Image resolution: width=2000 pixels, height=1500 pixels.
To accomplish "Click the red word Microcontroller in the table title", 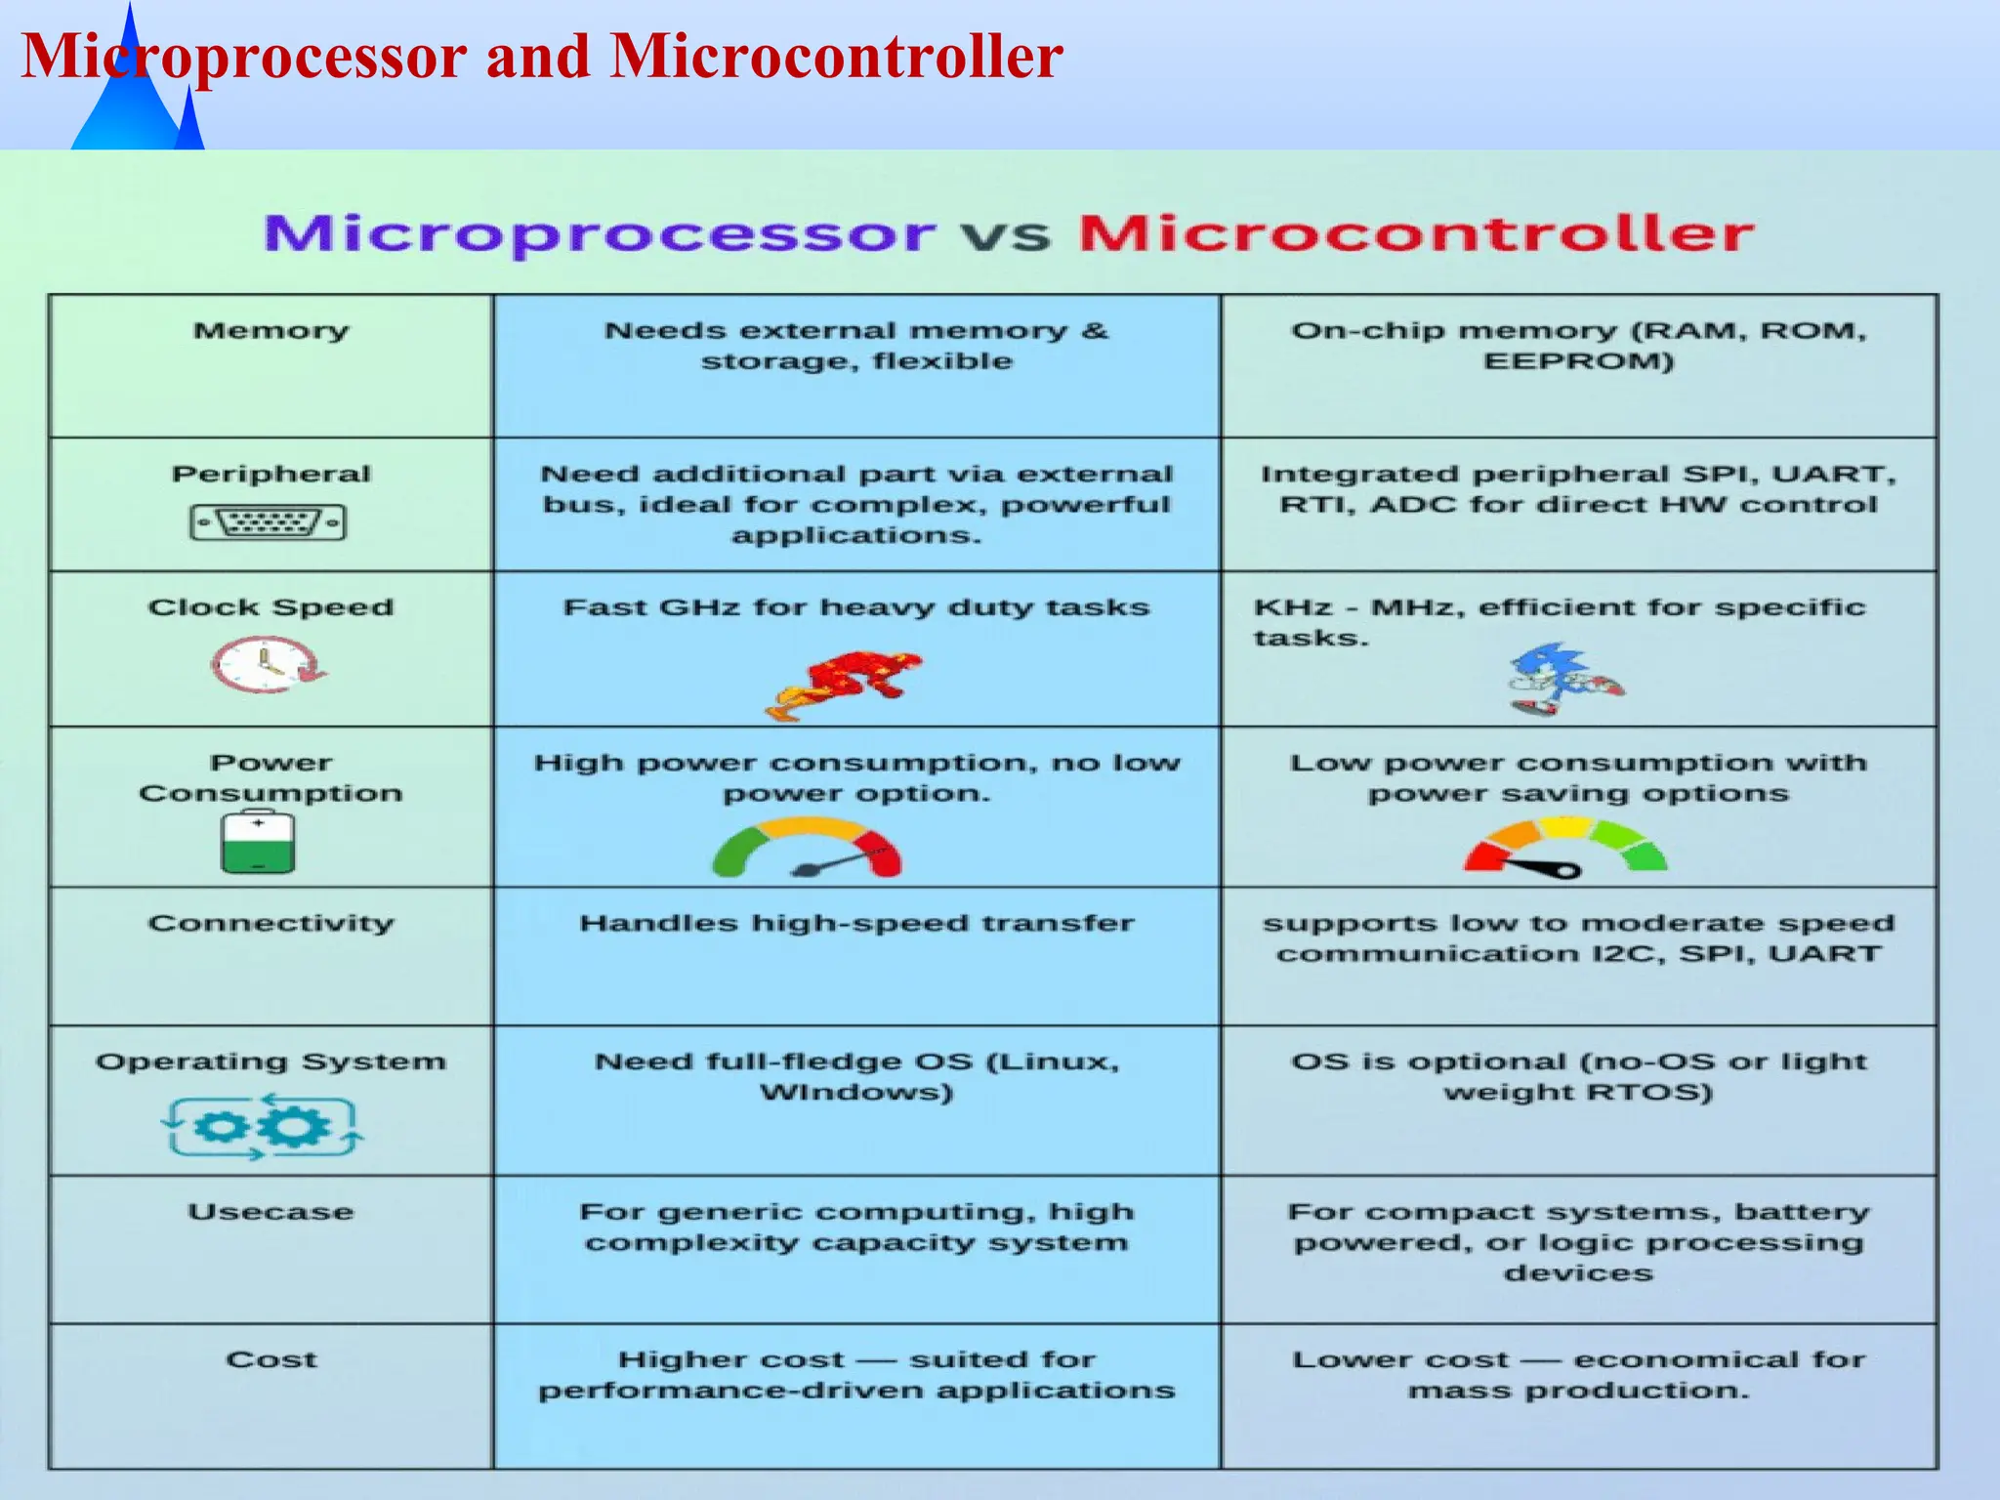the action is (x=1416, y=234).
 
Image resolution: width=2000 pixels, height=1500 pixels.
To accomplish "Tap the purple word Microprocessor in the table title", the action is (x=600, y=234).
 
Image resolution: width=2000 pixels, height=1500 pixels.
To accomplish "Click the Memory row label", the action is (x=271, y=331).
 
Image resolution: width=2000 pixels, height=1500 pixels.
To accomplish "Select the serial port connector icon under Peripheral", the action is (x=269, y=522).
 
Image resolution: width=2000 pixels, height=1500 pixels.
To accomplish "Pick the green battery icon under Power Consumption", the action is (x=258, y=844).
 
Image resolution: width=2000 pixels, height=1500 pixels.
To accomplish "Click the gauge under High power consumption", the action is (x=808, y=850).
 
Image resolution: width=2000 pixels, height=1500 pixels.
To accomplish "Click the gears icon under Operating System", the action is (x=262, y=1127).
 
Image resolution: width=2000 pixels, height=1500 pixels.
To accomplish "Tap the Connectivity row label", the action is (x=271, y=923).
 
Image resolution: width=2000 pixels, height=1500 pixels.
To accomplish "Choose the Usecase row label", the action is (x=271, y=1212).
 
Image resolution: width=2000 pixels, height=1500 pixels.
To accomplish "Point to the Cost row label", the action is (x=271, y=1359).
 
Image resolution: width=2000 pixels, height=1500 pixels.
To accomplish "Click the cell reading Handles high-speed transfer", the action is (x=856, y=923).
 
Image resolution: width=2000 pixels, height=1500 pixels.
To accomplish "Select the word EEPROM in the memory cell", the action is (x=1578, y=361).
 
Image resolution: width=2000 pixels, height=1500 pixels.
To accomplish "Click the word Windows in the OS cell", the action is (x=855, y=1092).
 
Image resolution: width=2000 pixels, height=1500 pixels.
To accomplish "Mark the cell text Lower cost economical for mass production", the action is (x=1578, y=1374).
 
